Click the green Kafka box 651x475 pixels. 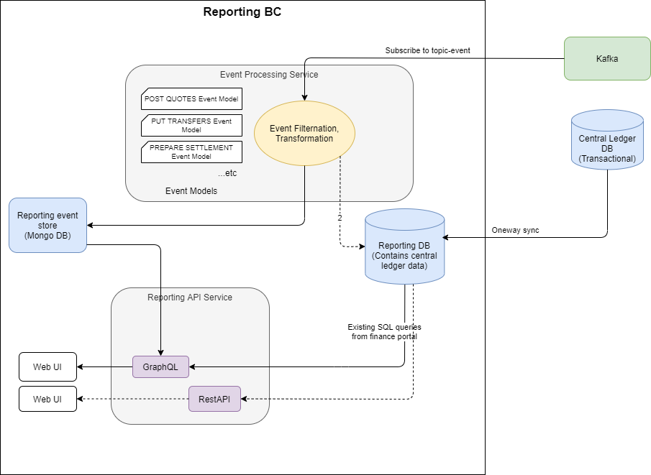pyautogui.click(x=606, y=58)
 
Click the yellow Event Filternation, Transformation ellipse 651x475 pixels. pyautogui.click(x=304, y=134)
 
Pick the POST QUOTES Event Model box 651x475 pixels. pyautogui.click(x=191, y=99)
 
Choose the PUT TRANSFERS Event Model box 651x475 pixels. pyautogui.click(x=191, y=125)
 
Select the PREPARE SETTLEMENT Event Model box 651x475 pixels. pyautogui.click(x=191, y=152)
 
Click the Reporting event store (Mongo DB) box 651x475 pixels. pyautogui.click(x=47, y=225)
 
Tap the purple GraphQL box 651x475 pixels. pyautogui.click(x=160, y=366)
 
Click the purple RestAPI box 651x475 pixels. pyautogui.click(x=214, y=399)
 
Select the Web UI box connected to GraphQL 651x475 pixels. pyautogui.click(x=47, y=366)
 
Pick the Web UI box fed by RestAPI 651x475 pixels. pyautogui.click(x=47, y=399)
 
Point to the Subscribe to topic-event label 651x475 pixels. pyautogui.click(x=427, y=51)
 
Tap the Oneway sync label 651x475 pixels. pyautogui.click(x=515, y=231)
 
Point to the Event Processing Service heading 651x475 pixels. pyautogui.click(x=268, y=75)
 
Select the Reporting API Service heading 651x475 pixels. pyautogui.click(x=190, y=298)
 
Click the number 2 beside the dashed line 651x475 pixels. pyautogui.click(x=339, y=217)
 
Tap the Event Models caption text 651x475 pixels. pyautogui.click(x=191, y=191)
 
